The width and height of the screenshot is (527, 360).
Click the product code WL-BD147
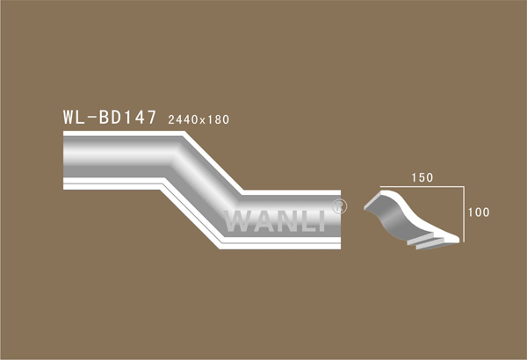point(110,118)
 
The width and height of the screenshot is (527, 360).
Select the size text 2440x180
point(199,119)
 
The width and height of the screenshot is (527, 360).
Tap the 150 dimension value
point(422,177)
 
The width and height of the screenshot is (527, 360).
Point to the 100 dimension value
point(479,212)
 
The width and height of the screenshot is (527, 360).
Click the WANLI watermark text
point(275,221)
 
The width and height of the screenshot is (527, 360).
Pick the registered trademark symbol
point(339,206)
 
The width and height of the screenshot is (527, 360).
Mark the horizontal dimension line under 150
point(422,186)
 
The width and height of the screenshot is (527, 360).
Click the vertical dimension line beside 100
point(464,214)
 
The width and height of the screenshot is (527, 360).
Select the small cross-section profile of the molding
point(411,220)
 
